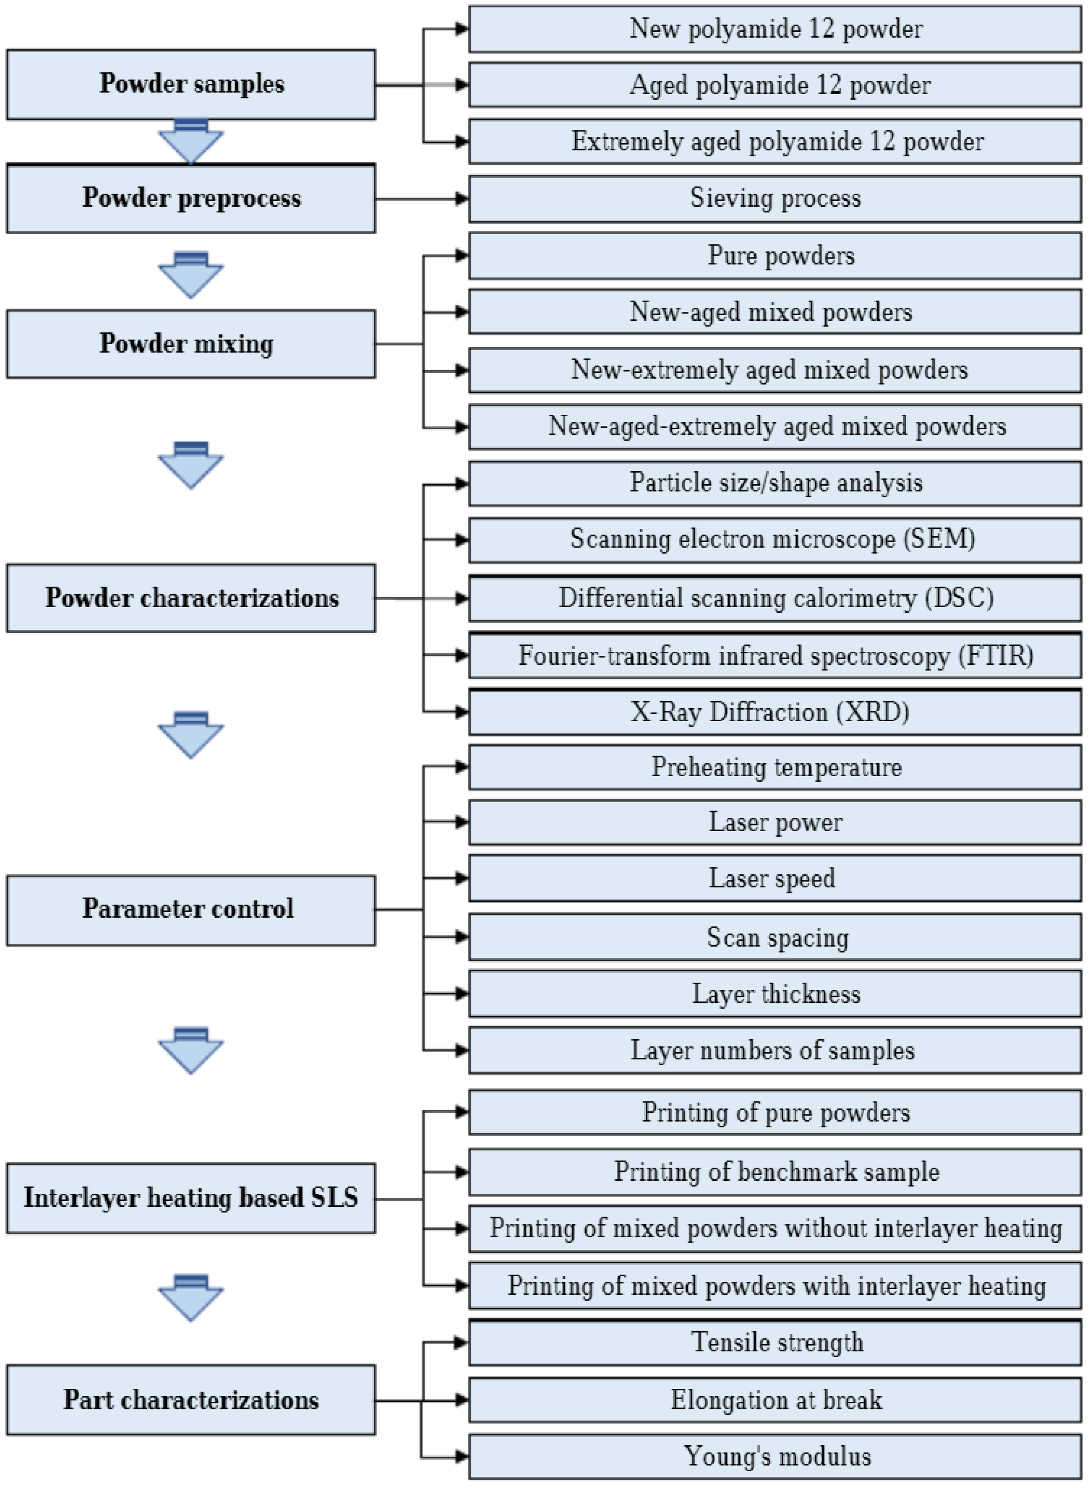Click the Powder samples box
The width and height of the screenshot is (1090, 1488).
tap(191, 84)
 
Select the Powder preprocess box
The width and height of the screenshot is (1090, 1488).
tap(191, 198)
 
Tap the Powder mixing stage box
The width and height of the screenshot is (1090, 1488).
tap(191, 344)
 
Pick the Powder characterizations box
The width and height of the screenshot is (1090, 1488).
tap(191, 598)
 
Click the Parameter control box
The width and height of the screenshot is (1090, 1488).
tap(191, 910)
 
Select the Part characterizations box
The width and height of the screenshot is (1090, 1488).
tap(191, 1400)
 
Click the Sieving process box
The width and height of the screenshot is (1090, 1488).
tap(775, 198)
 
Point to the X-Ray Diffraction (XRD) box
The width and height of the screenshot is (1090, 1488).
tap(775, 712)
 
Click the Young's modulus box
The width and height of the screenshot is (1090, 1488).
tap(775, 1456)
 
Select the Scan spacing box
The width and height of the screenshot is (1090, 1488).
tap(775, 937)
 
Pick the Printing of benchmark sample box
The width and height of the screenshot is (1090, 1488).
tap(775, 1171)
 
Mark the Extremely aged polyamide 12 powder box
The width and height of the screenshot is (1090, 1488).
tap(775, 141)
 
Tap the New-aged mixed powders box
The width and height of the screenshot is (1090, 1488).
tap(775, 311)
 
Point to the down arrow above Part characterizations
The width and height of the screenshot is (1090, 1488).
tap(191, 1298)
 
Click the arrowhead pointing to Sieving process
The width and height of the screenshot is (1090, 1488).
tap(461, 198)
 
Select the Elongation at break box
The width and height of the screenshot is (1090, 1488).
tap(775, 1400)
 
